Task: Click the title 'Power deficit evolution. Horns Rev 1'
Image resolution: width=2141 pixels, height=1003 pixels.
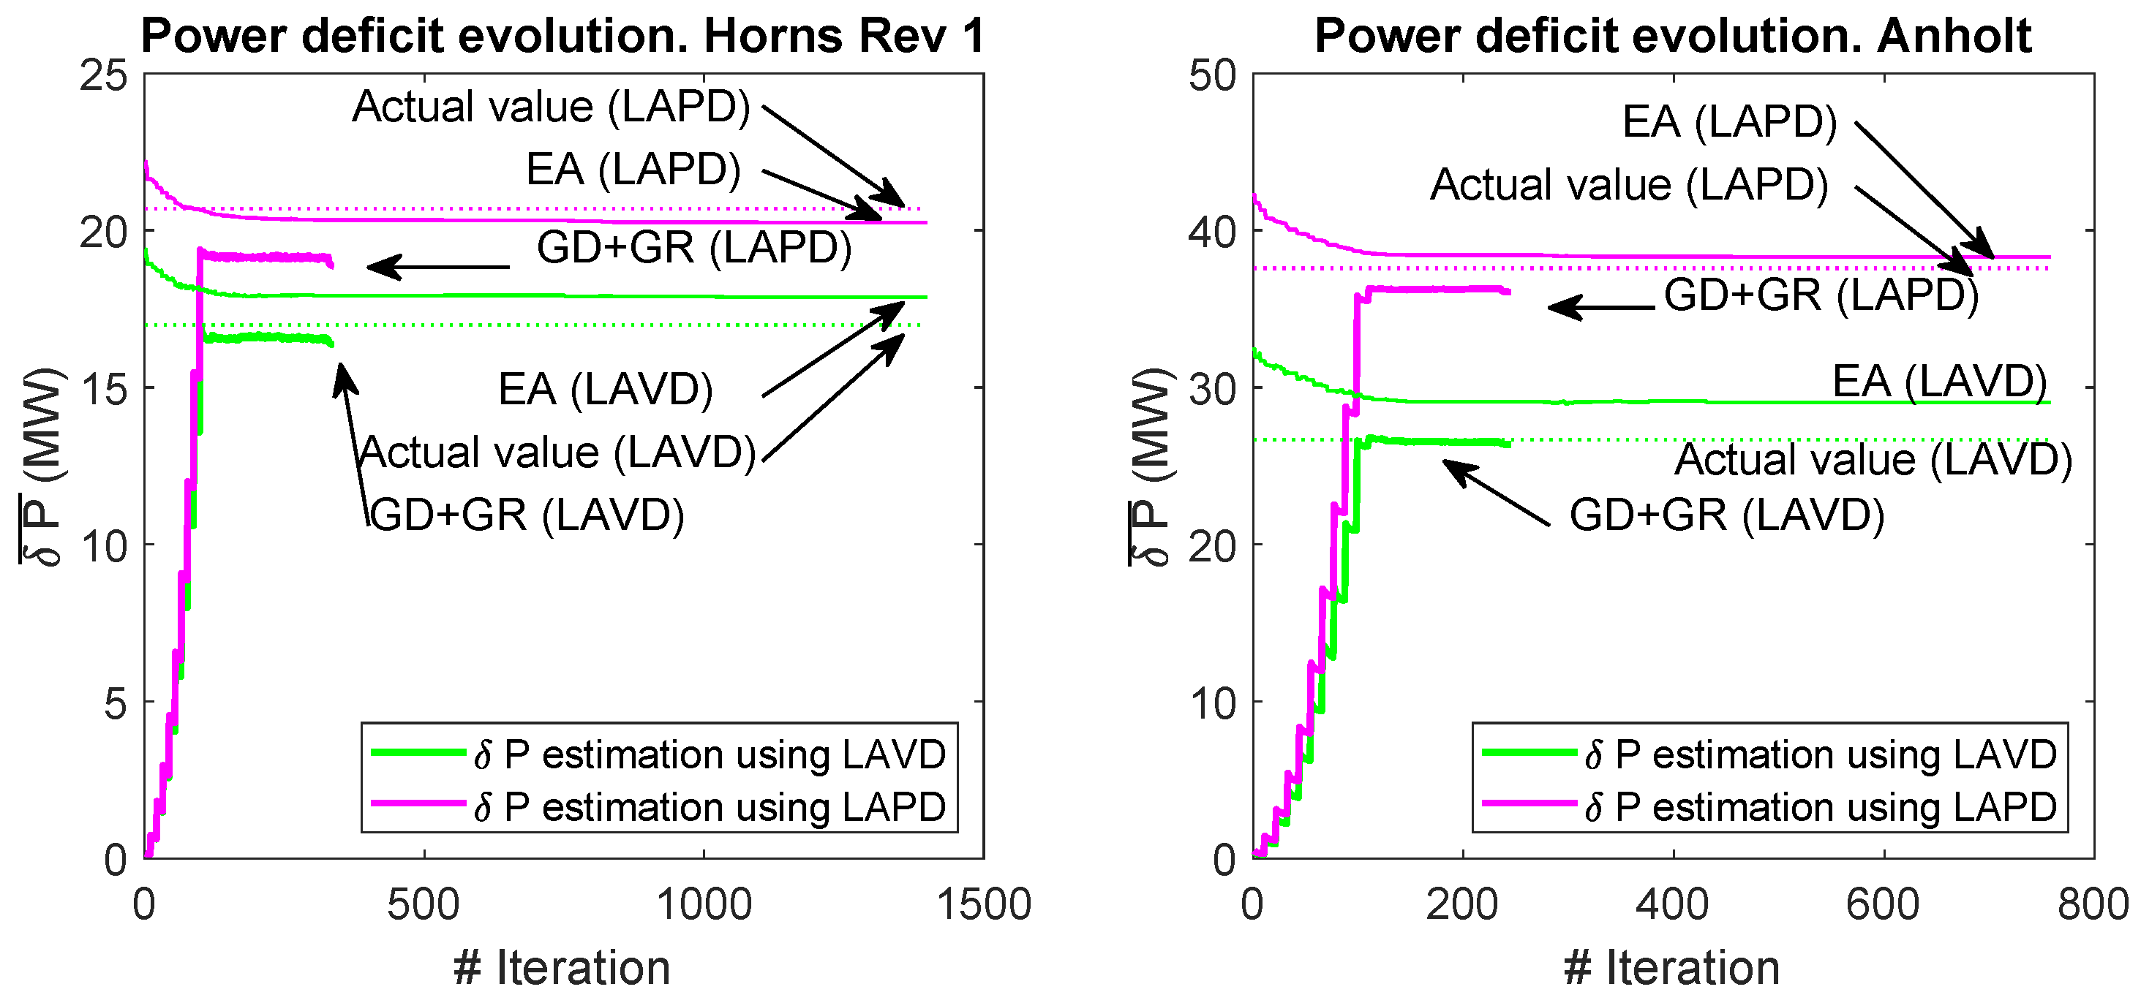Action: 562,37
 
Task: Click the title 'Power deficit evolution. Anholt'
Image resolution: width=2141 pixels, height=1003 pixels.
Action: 1672,37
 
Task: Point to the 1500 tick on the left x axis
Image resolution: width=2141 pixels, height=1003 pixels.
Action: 984,904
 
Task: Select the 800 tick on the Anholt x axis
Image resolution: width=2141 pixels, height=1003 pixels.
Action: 2093,904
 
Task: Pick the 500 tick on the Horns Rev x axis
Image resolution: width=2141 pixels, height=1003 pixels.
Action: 423,904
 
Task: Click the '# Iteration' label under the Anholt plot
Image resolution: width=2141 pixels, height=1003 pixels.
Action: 1671,968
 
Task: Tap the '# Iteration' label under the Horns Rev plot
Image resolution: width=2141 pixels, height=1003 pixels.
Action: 562,968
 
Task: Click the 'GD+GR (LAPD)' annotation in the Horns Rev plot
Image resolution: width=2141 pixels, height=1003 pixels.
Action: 694,248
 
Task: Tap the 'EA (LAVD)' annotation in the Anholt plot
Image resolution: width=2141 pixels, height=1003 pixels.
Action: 1939,382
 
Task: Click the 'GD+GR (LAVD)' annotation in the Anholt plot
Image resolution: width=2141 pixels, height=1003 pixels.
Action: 1726,515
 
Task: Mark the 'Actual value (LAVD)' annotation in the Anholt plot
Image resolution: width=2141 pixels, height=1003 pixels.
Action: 1873,460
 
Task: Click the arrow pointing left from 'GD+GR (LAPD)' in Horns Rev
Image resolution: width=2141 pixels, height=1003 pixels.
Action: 438,267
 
